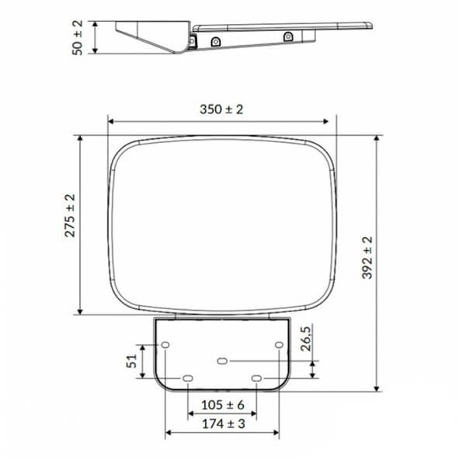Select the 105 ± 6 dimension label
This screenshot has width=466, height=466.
tap(223, 405)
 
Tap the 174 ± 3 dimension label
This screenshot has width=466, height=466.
tap(223, 423)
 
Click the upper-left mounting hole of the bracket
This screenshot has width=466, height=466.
tap(165, 344)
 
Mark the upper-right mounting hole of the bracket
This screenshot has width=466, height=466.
tap(280, 344)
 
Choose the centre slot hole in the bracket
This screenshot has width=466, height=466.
tap(223, 361)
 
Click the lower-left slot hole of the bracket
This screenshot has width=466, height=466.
tap(188, 379)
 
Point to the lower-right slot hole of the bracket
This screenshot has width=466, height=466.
tap(257, 379)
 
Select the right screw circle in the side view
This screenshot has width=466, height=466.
tap(288, 35)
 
